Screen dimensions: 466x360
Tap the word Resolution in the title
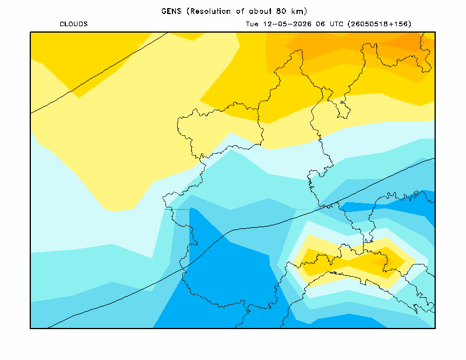pyautogui.click(x=210, y=11)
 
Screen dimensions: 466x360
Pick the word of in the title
pyautogui.click(x=240, y=11)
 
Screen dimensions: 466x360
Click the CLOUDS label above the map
pyautogui.click(x=74, y=24)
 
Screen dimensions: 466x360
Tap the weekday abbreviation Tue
pyautogui.click(x=252, y=24)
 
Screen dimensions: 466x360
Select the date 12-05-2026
pyautogui.click(x=287, y=24)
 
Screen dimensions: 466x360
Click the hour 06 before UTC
pyautogui.click(x=320, y=24)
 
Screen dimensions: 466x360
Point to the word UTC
pyautogui.click(x=337, y=24)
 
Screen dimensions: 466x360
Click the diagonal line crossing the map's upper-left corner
pyautogui.click(x=99, y=73)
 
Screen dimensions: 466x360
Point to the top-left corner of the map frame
pyautogui.click(x=30, y=32)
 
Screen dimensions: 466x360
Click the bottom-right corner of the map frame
pyautogui.click(x=435, y=328)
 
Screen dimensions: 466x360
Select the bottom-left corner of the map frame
pyautogui.click(x=30, y=328)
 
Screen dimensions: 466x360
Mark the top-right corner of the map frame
pyautogui.click(x=435, y=32)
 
